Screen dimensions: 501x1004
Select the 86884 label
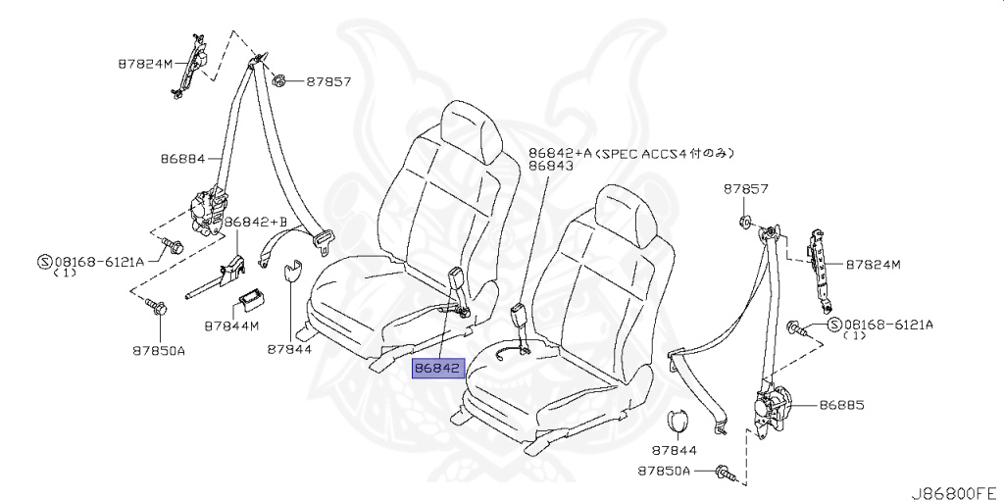(x=182, y=157)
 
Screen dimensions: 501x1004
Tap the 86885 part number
(x=842, y=404)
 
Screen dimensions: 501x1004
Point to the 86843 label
(x=551, y=168)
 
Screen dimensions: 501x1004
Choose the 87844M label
(x=231, y=325)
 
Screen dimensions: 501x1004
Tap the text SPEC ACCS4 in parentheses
(x=636, y=154)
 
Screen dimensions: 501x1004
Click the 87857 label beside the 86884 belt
(x=327, y=82)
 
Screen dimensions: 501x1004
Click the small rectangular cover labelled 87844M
(x=252, y=298)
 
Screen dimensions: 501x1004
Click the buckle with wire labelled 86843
(x=520, y=319)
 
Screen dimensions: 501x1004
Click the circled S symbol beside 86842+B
(x=43, y=262)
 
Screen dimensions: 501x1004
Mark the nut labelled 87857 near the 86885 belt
(x=742, y=221)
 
